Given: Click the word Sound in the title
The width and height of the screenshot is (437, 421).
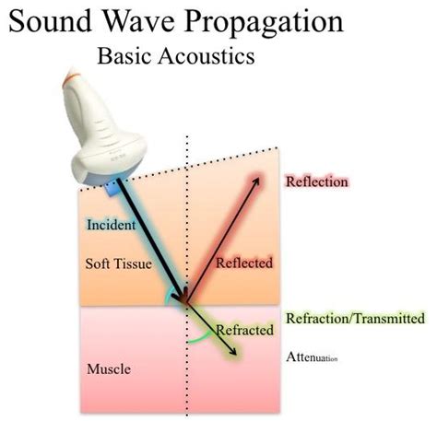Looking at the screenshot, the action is (x=50, y=21).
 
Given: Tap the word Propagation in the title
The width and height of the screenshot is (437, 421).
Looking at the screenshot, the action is (x=264, y=23).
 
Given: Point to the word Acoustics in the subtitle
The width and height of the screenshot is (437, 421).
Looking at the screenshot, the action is (x=207, y=56).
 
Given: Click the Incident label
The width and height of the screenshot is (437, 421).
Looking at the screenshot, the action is (x=112, y=225).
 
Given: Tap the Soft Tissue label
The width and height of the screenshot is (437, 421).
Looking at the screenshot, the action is (x=119, y=263).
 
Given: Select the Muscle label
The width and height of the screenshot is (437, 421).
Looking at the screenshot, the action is (x=109, y=368).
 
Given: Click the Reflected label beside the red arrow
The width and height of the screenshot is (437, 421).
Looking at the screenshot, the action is (x=244, y=263).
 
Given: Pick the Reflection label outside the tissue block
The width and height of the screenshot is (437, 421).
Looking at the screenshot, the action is (x=317, y=181).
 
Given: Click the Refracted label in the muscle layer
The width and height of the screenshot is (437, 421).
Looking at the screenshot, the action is (x=245, y=330).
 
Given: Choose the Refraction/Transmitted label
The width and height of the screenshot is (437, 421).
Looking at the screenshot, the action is (x=356, y=318).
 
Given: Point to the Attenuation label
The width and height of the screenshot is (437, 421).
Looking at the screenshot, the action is (x=312, y=357).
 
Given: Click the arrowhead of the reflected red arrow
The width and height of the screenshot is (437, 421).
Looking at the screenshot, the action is (x=256, y=181).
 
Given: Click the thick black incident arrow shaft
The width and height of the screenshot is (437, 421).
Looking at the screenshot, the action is (x=151, y=240).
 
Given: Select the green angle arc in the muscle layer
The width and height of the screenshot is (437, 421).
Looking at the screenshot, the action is (x=200, y=338).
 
